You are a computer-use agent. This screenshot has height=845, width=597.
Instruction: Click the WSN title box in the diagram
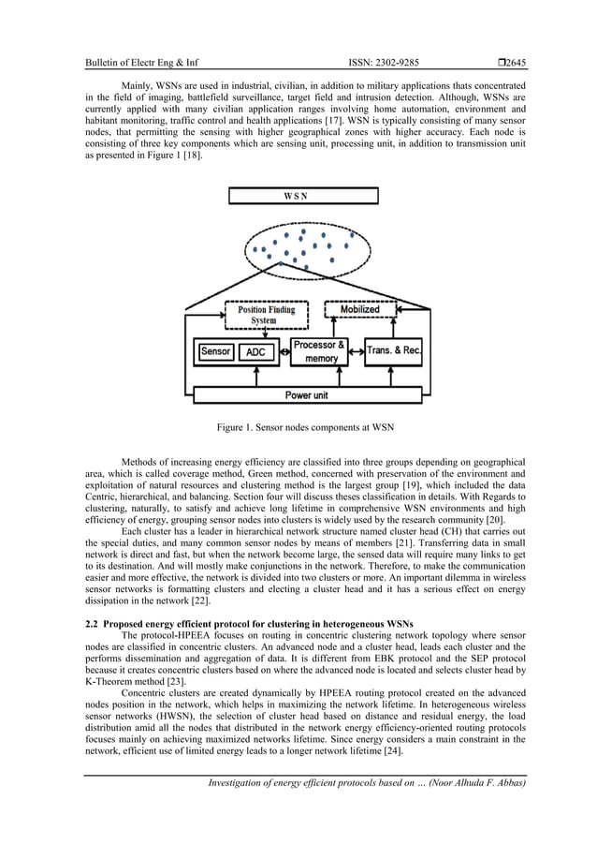point(303,196)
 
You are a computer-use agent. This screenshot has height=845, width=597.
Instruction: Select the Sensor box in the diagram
point(215,352)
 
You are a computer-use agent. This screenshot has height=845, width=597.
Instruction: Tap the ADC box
point(255,352)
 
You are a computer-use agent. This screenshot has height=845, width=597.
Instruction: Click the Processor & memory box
point(319,351)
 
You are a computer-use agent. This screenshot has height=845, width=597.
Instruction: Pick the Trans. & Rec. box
point(394,351)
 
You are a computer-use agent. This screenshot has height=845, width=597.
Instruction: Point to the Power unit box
point(312,395)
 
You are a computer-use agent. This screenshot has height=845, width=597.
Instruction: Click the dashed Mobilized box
point(359,309)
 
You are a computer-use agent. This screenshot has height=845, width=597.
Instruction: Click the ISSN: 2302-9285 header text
point(384,64)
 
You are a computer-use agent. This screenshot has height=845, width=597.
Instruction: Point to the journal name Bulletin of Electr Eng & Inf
point(141,64)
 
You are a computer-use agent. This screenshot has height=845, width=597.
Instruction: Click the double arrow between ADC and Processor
point(284,353)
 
